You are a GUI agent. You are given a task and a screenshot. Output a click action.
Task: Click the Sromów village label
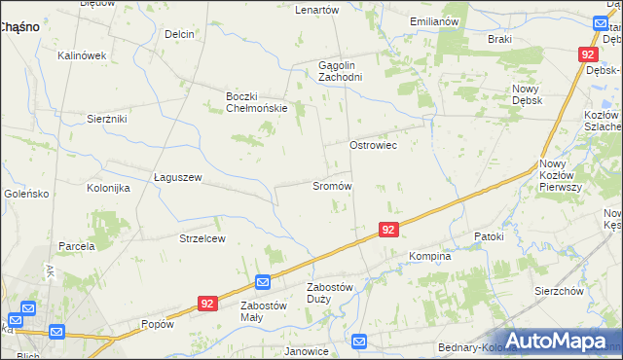point(331,185)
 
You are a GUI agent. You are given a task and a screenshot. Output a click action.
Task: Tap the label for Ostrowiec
point(373,144)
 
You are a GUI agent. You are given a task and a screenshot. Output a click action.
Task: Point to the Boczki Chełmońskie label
point(256,102)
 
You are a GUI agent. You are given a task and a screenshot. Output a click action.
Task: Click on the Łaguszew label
point(177,177)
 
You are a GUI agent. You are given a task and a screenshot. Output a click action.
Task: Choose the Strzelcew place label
point(202,238)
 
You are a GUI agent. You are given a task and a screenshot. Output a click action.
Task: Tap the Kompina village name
point(429,257)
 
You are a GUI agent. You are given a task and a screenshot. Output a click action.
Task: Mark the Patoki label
point(489,236)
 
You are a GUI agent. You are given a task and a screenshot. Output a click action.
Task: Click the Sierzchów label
point(559,290)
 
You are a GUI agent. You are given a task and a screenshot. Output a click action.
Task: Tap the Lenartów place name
point(316,9)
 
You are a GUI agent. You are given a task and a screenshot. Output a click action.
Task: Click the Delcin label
point(180,34)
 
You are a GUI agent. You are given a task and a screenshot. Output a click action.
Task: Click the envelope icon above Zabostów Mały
point(263,282)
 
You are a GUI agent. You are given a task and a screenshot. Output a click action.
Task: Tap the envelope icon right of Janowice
point(359,342)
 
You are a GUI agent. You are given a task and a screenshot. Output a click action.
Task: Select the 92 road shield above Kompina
point(387,230)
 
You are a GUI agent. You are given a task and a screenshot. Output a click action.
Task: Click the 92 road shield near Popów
point(205,304)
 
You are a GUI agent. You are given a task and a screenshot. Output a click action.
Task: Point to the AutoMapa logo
point(558,342)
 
